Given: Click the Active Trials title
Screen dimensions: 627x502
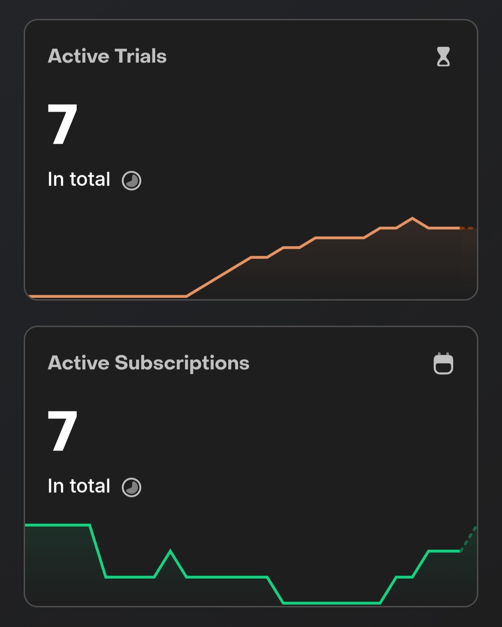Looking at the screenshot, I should [107, 56].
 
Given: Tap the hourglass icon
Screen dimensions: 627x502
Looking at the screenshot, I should [443, 57].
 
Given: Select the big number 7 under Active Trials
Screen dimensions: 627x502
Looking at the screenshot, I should [62, 124].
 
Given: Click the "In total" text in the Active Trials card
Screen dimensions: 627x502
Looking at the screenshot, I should [79, 179].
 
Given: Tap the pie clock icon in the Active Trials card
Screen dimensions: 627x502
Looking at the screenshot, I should [132, 180].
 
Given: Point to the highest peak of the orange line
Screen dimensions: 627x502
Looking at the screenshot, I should [412, 218].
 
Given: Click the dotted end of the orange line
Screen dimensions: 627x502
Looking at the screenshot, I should [467, 228].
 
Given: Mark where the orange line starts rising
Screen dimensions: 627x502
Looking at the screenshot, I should [186, 296].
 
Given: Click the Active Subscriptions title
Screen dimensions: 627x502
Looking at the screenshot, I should [148, 363].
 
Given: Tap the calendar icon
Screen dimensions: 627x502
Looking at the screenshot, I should [443, 363].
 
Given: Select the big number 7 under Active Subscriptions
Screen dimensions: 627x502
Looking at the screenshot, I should [62, 431].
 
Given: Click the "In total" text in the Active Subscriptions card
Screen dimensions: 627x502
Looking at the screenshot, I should [79, 486].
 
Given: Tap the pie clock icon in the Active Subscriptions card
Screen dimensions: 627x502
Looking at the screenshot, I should [132, 487].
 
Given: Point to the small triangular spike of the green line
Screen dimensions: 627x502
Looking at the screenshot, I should [170, 551].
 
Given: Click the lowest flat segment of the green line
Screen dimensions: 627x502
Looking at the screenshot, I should [331, 603].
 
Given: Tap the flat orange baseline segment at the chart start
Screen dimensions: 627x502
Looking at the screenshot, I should [107, 296].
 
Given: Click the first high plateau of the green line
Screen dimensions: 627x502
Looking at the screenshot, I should [57, 525].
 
